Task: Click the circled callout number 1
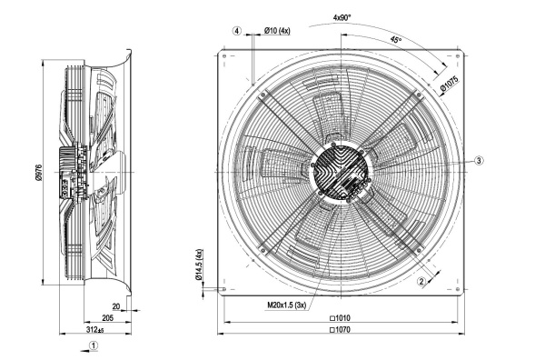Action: click(x=94, y=346)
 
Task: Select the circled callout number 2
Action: click(x=421, y=282)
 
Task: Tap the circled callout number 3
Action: click(x=479, y=160)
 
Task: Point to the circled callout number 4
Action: click(x=237, y=31)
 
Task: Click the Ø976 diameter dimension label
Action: click(x=39, y=172)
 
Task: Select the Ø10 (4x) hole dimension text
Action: click(x=277, y=31)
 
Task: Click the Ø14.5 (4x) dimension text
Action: click(x=199, y=265)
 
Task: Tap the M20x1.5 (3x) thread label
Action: click(x=286, y=305)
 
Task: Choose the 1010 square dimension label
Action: click(x=340, y=318)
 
